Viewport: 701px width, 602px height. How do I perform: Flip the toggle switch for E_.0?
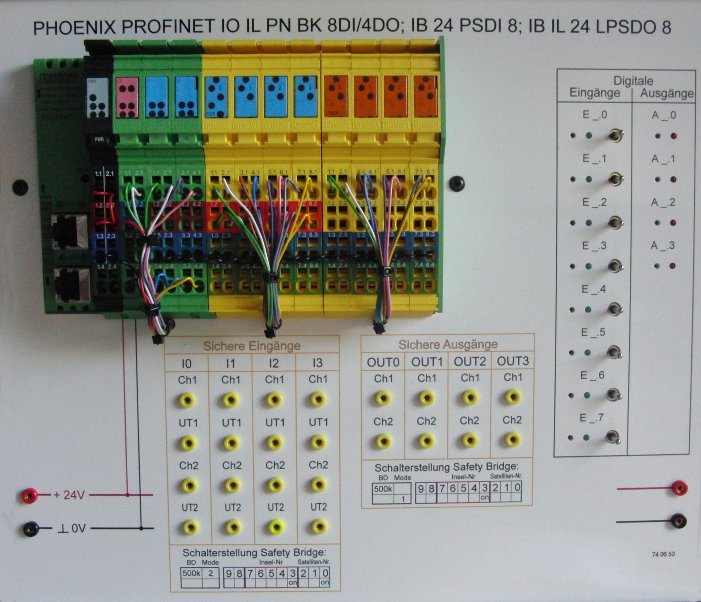[615, 136]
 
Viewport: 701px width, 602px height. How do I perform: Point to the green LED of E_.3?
[588, 266]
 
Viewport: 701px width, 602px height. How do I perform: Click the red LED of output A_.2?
[673, 223]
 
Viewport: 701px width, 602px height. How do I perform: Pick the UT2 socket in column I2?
[276, 527]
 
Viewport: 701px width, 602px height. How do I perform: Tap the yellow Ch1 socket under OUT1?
[426, 397]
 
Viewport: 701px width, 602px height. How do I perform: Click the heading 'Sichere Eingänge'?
[252, 346]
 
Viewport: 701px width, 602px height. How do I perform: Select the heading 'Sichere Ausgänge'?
[448, 344]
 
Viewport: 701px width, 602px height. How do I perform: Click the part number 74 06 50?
[663, 554]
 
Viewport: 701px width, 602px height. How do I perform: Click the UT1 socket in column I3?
[318, 442]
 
